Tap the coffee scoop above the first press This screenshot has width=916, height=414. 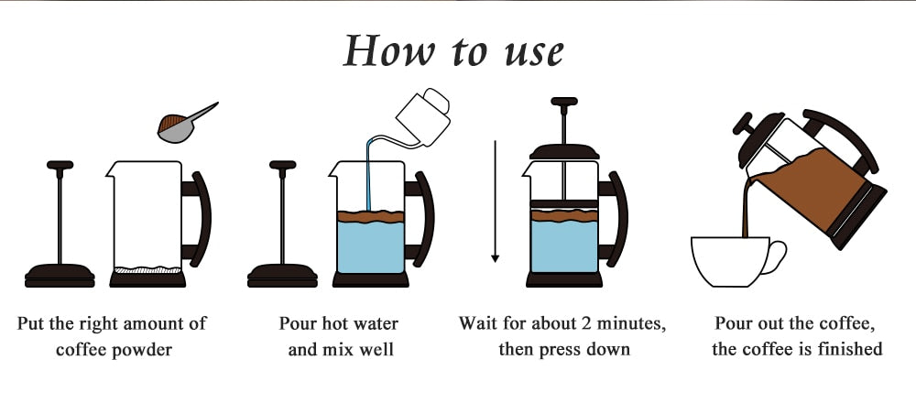(x=183, y=125)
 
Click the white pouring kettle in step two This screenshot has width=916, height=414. (x=423, y=118)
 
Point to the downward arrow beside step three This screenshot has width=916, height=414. (x=496, y=201)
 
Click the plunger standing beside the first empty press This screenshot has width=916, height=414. (x=60, y=224)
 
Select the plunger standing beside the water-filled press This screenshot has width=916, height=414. (x=282, y=224)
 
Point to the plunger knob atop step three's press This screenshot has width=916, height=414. (x=564, y=102)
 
